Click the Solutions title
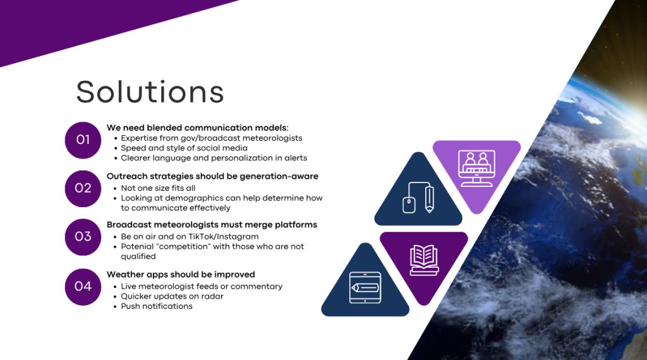click(150, 92)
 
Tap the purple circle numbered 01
click(83, 140)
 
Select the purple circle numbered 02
click(83, 188)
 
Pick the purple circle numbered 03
click(83, 237)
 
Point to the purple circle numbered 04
click(83, 287)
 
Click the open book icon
click(424, 260)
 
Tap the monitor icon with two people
click(476, 168)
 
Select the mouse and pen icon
click(418, 198)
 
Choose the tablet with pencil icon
click(365, 287)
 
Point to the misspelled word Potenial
click(137, 246)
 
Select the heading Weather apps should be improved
click(181, 275)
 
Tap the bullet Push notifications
click(157, 306)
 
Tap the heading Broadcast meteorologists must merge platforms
click(212, 225)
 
